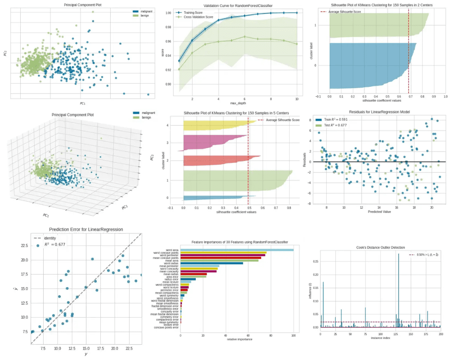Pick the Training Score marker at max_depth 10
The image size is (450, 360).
point(297,13)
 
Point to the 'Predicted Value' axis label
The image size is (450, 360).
point(379,211)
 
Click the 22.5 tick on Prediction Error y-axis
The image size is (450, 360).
point(24,245)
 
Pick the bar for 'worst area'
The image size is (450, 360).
point(237,250)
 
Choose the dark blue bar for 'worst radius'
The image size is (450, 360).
point(211,263)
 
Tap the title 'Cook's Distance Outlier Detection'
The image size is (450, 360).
point(379,247)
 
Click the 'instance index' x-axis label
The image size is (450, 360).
point(380,340)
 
